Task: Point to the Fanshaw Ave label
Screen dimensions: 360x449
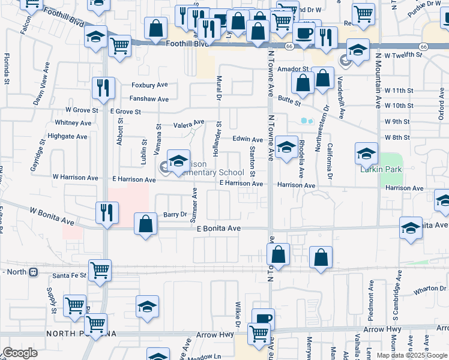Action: [149, 99]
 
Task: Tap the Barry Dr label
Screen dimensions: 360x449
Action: [175, 214]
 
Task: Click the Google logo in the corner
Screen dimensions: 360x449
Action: [20, 353]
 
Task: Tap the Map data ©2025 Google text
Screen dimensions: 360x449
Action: [412, 355]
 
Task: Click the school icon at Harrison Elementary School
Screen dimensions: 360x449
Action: [178, 160]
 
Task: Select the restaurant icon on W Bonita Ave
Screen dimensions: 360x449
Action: [104, 211]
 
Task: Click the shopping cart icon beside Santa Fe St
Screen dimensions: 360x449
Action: [99, 269]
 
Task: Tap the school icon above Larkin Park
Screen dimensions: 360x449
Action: [366, 154]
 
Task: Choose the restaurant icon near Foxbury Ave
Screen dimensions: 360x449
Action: [103, 88]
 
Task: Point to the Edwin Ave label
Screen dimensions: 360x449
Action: [249, 139]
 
